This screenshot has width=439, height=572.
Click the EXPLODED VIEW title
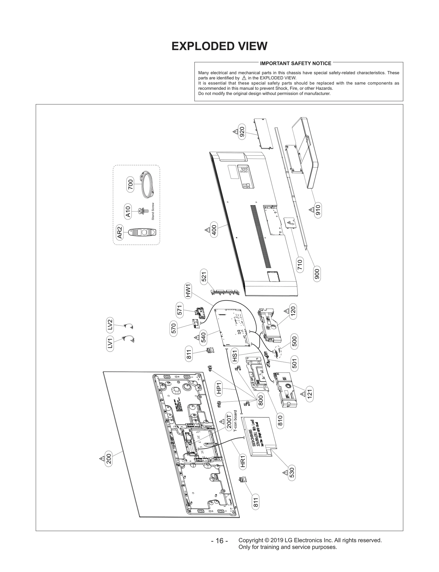(219, 46)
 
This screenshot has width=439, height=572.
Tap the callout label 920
(242, 132)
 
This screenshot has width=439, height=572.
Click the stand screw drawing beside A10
(142, 211)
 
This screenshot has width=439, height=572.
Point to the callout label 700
(131, 184)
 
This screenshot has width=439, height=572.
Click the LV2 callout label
(110, 324)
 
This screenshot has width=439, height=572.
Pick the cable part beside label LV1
(129, 339)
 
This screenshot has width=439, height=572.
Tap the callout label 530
(292, 472)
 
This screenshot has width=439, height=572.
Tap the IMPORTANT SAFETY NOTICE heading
(296, 63)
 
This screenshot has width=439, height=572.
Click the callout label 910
(318, 211)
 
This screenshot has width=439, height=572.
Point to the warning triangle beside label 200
(102, 458)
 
